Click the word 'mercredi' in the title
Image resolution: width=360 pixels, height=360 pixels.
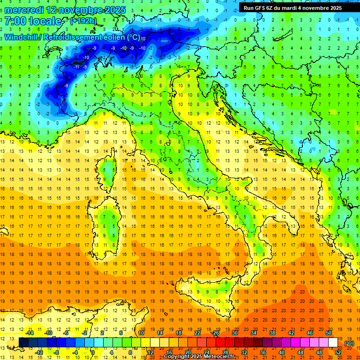click(x=23, y=10)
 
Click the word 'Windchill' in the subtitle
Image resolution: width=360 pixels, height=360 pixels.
click(x=21, y=37)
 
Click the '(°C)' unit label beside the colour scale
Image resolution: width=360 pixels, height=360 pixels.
click(x=349, y=343)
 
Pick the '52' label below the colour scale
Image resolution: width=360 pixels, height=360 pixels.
click(x=338, y=352)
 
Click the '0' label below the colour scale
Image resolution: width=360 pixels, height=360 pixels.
click(x=93, y=352)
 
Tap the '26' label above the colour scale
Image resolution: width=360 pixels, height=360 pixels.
click(x=216, y=333)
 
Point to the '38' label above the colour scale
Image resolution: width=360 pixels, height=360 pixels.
click(x=272, y=333)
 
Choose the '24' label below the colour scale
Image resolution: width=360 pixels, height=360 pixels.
click(x=206, y=352)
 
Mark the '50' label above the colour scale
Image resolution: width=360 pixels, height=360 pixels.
click(x=329, y=333)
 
